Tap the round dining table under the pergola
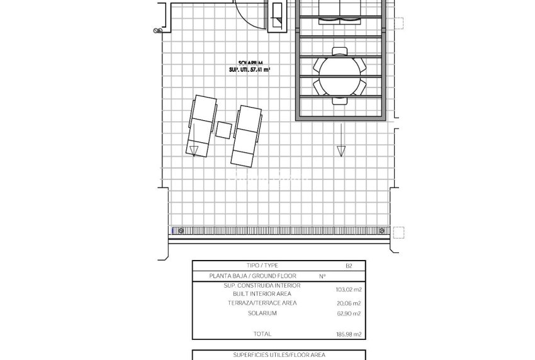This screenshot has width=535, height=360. click(x=341, y=75)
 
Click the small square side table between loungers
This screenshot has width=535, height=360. click(x=223, y=130)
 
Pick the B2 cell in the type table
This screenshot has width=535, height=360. click(x=349, y=266)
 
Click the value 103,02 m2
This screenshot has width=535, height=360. click(x=348, y=290)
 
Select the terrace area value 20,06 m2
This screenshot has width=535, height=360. click(x=348, y=303)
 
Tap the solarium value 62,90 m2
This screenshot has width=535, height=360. click(x=348, y=313)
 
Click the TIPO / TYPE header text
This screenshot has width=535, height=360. click(x=262, y=266)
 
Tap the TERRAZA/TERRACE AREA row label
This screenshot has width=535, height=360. click(x=262, y=303)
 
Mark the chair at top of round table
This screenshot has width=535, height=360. click(x=340, y=52)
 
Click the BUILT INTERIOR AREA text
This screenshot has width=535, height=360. click(x=262, y=294)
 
